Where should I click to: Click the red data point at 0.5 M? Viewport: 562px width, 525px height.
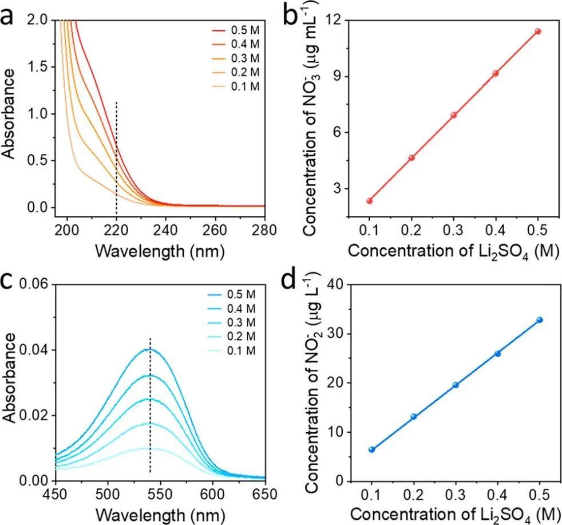(538, 31)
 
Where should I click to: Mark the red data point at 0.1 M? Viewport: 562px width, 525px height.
(370, 201)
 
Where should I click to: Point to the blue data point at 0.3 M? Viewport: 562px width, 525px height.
(456, 385)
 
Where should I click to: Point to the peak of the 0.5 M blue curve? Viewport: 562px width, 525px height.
(149, 349)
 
